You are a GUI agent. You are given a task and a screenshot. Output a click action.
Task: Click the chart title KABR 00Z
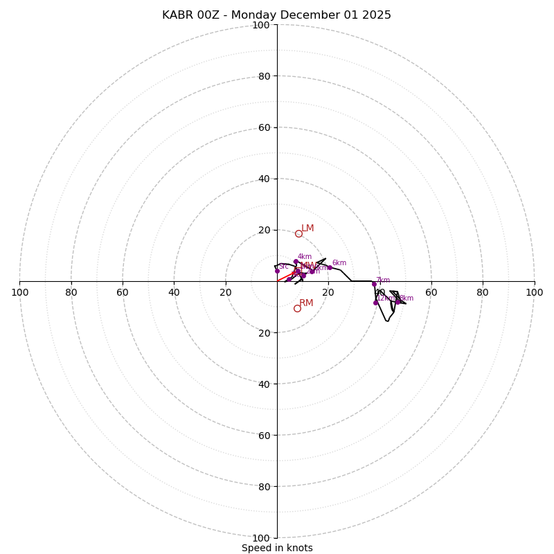pos(276,15)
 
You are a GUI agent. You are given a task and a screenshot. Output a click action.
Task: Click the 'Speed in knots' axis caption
pos(277,548)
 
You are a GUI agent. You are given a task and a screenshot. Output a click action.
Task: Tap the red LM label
pos(307,229)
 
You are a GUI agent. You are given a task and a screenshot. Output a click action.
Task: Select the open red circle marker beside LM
pos(298,233)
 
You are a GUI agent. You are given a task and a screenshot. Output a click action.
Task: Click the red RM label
pos(306,303)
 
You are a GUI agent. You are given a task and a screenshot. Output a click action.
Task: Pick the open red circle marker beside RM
pos(297,308)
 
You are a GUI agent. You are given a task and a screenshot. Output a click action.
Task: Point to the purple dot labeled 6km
pos(330,267)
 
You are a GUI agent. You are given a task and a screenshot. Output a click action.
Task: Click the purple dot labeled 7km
pos(374,284)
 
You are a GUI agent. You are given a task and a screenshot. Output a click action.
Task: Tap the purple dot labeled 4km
pos(295,262)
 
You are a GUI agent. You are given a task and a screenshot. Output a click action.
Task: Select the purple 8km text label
pos(406,298)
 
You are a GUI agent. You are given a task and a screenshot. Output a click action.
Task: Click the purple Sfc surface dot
pos(277,271)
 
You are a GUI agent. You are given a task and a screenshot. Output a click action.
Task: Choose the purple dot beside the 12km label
pos(376,303)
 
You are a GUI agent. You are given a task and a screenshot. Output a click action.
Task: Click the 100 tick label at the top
pos(261,25)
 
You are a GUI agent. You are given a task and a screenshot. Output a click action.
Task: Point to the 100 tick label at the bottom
pos(261,538)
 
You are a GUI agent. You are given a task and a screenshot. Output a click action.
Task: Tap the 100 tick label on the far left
pos(20,292)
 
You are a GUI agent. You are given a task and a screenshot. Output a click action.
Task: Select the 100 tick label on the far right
pos(534,292)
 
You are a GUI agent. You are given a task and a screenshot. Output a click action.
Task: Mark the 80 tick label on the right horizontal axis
pos(483,292)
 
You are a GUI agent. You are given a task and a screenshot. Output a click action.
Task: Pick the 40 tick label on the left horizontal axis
pos(174,292)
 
